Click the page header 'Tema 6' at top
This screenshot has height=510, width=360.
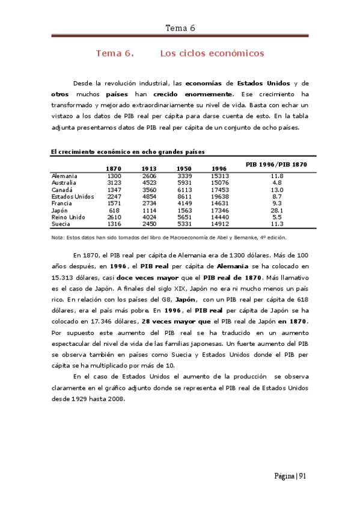click(x=180, y=28)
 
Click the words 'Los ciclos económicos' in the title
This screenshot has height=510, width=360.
click(x=212, y=54)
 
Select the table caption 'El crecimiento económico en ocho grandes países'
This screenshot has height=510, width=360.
click(x=127, y=152)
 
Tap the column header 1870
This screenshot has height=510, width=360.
click(x=114, y=168)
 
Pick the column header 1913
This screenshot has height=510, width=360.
click(x=149, y=168)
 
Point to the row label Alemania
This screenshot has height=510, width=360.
click(x=64, y=176)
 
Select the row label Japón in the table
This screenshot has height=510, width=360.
click(x=61, y=210)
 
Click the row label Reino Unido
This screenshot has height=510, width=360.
click(x=69, y=217)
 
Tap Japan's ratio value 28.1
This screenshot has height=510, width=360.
click(x=276, y=210)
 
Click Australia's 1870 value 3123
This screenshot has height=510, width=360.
click(x=114, y=182)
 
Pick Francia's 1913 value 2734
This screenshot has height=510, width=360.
click(x=149, y=203)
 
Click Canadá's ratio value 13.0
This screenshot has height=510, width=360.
click(x=276, y=189)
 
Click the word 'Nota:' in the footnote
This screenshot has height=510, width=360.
click(x=58, y=238)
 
